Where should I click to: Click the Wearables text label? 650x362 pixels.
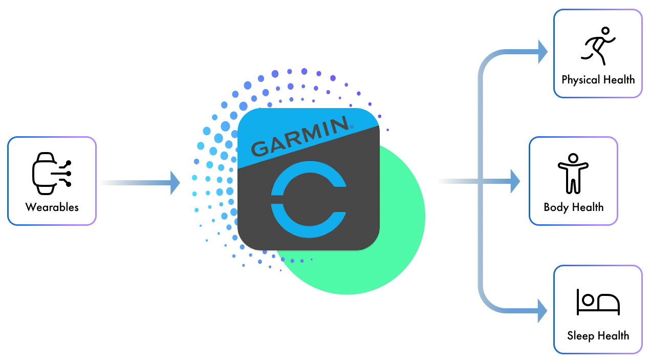click(x=52, y=207)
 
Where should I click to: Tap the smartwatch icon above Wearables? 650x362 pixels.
click(x=51, y=173)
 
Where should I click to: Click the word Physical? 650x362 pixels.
click(x=580, y=80)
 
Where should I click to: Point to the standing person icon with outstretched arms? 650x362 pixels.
click(x=573, y=173)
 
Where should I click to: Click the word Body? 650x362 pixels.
click(x=555, y=207)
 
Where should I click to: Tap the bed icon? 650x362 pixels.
click(x=598, y=302)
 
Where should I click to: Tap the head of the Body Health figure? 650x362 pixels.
click(x=573, y=158)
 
